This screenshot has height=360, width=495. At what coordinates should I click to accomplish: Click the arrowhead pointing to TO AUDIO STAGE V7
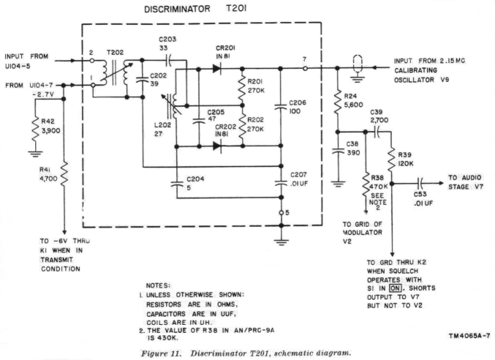coord(442,184)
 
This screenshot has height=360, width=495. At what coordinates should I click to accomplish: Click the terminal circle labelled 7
coord(305,67)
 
